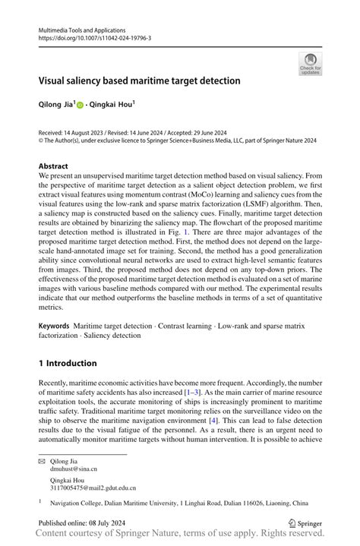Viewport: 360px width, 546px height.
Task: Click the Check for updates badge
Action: (x=310, y=64)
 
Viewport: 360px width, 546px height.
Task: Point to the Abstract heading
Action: (x=55, y=166)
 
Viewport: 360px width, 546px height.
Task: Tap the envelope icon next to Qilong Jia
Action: (x=43, y=462)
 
